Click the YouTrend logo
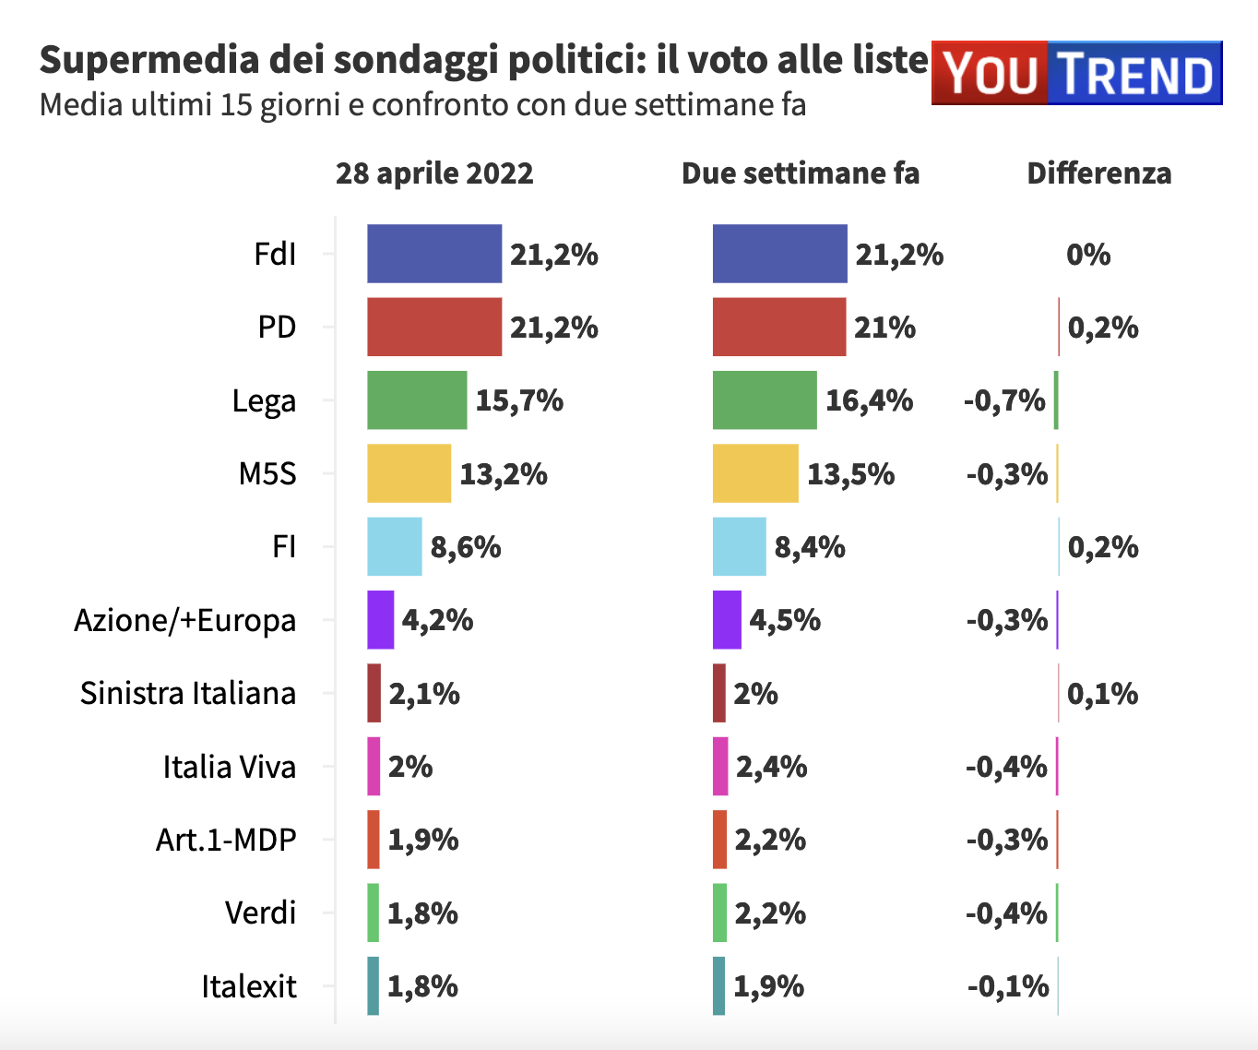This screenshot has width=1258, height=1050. [1076, 73]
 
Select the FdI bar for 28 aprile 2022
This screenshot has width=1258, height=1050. [434, 254]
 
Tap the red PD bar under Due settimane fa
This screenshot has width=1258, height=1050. [779, 327]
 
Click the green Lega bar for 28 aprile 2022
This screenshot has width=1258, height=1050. [417, 400]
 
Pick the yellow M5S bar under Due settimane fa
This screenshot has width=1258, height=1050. [755, 473]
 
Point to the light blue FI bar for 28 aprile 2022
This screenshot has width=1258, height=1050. [395, 547]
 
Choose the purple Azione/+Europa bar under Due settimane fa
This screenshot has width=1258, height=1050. [727, 620]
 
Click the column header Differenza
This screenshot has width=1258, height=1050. [1099, 173]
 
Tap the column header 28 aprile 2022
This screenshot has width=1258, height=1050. [434, 173]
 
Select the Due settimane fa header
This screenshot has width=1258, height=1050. [801, 173]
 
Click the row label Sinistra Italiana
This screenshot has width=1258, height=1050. [188, 693]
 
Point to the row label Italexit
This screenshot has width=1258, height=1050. [249, 986]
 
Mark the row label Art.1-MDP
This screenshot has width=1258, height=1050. [226, 840]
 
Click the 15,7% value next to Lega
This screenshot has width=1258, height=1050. [519, 400]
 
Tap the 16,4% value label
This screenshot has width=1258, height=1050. [869, 400]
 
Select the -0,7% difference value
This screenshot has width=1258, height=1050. [1004, 400]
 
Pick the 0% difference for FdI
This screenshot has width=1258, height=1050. [1088, 255]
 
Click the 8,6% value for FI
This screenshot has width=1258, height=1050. [466, 547]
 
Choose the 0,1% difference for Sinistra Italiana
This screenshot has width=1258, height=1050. [1102, 694]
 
